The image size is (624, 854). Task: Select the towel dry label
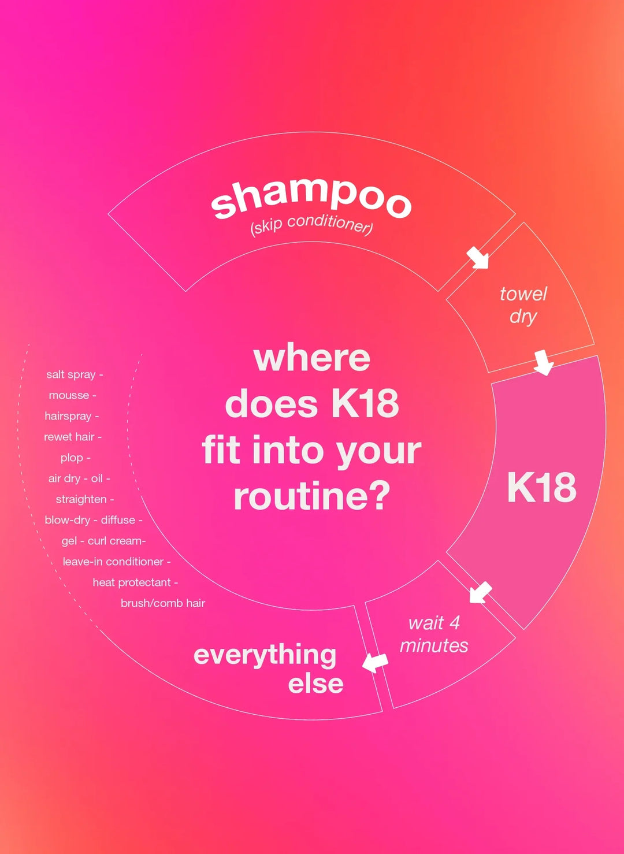pyautogui.click(x=523, y=305)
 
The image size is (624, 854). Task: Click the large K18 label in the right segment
pyautogui.click(x=541, y=488)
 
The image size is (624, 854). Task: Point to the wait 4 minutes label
pyautogui.click(x=434, y=634)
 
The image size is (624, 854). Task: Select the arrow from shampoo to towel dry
pyautogui.click(x=478, y=257)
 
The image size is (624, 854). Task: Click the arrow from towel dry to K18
pyautogui.click(x=543, y=362)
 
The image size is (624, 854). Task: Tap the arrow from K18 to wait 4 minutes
pyautogui.click(x=480, y=592)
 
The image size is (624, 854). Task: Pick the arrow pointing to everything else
pyautogui.click(x=376, y=662)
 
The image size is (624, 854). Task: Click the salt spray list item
pyautogui.click(x=71, y=374)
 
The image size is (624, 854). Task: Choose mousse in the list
pyautogui.click(x=69, y=395)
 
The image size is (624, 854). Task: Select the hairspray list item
pyautogui.click(x=68, y=416)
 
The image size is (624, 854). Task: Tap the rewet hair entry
pyautogui.click(x=69, y=437)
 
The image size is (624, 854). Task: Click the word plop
pyautogui.click(x=72, y=458)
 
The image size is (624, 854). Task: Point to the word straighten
pyautogui.click(x=81, y=499)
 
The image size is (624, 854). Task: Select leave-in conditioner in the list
pyautogui.click(x=113, y=562)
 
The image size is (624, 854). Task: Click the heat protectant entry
pyautogui.click(x=132, y=582)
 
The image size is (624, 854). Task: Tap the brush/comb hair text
pyautogui.click(x=163, y=603)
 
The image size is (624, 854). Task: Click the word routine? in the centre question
pyautogui.click(x=312, y=497)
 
